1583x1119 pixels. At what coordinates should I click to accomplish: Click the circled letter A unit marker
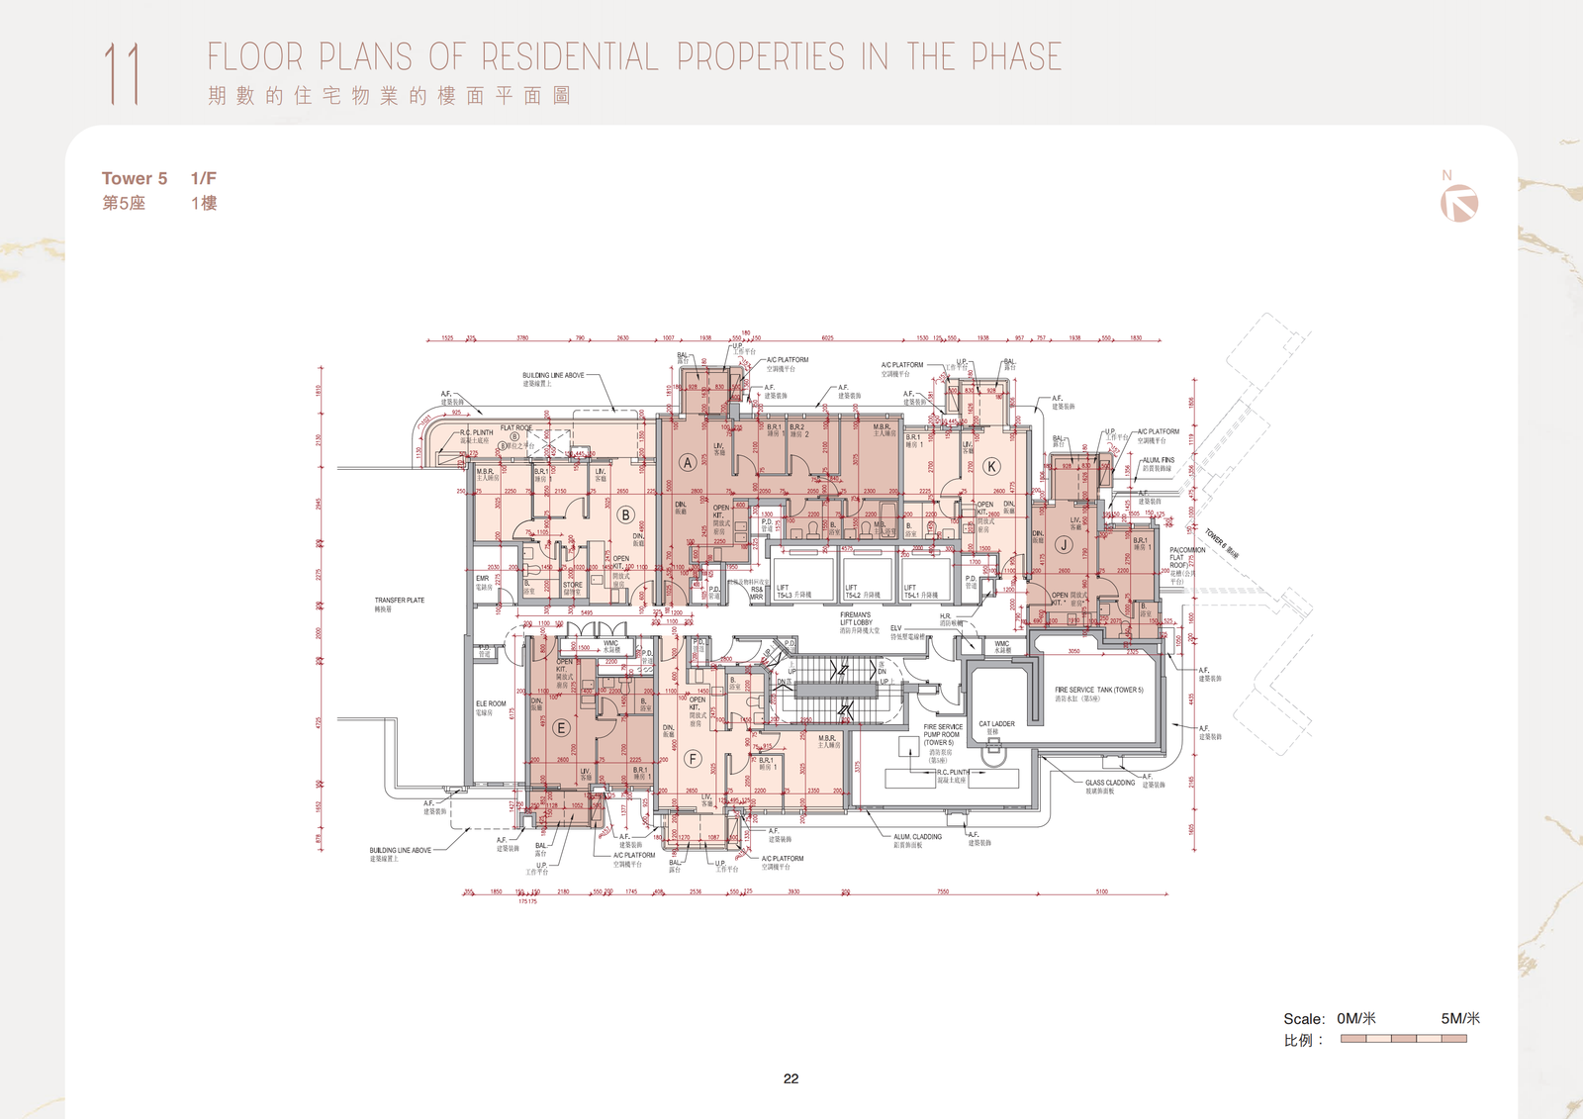point(688,463)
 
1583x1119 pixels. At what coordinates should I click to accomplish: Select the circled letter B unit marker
point(625,514)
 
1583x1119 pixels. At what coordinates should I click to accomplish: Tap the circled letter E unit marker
point(561,728)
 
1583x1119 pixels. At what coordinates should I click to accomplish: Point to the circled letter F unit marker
point(693,759)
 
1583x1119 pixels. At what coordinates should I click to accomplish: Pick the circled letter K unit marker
point(991,466)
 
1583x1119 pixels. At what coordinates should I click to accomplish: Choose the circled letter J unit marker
point(1064,544)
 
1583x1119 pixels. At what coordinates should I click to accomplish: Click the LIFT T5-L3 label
point(793,592)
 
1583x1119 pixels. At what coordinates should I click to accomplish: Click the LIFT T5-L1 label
point(920,592)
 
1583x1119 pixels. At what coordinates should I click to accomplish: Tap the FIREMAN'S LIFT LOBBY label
point(857,622)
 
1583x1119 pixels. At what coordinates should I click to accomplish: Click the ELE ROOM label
point(490,706)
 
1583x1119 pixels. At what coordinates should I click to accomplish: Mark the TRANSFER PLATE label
point(399,603)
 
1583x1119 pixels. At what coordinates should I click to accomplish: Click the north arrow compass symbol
point(1459,203)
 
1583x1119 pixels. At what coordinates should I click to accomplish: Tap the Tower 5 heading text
point(135,178)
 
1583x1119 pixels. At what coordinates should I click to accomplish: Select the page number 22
point(791,1078)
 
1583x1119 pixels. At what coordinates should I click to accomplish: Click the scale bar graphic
point(1403,1039)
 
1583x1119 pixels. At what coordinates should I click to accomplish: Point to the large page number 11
point(122,73)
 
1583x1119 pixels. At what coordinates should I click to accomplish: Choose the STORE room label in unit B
point(573,587)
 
